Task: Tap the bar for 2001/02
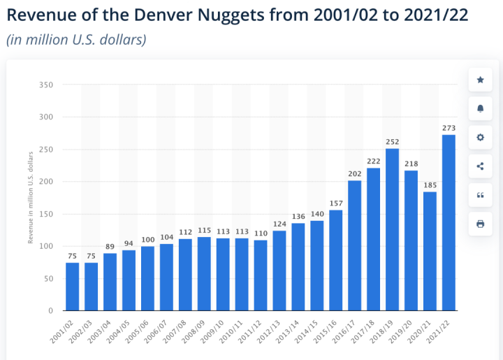tap(72, 287)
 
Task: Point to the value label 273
tap(449, 128)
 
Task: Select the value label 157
tap(335, 203)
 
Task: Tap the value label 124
tap(279, 224)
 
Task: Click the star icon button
tap(480, 80)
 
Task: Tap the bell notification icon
tap(480, 109)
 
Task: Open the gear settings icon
tap(480, 138)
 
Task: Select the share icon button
tap(480, 166)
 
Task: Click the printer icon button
tap(480, 224)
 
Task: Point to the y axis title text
tap(30, 198)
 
